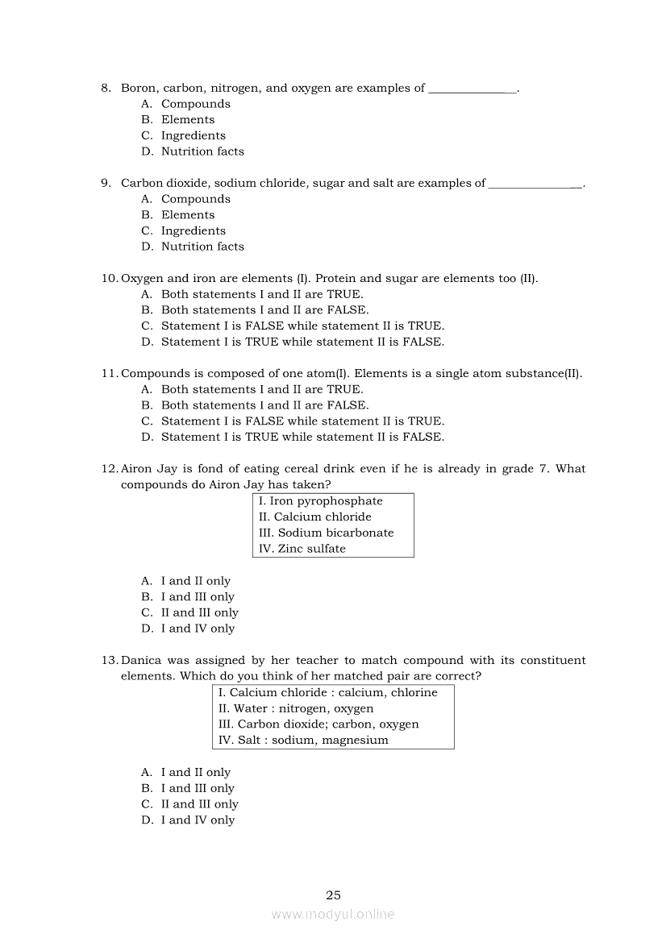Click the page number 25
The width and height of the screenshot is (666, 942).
click(x=333, y=894)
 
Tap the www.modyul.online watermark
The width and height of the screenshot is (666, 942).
click(x=333, y=914)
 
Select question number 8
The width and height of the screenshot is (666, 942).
click(x=106, y=88)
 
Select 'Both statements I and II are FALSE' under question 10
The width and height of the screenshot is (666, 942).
click(x=264, y=309)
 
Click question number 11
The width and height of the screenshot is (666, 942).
click(x=110, y=373)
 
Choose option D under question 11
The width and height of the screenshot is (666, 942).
click(x=302, y=437)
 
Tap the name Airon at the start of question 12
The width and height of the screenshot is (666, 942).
click(x=137, y=468)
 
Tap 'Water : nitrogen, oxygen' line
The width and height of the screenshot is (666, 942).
click(x=295, y=708)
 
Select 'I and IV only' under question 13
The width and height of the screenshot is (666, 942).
click(x=198, y=820)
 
